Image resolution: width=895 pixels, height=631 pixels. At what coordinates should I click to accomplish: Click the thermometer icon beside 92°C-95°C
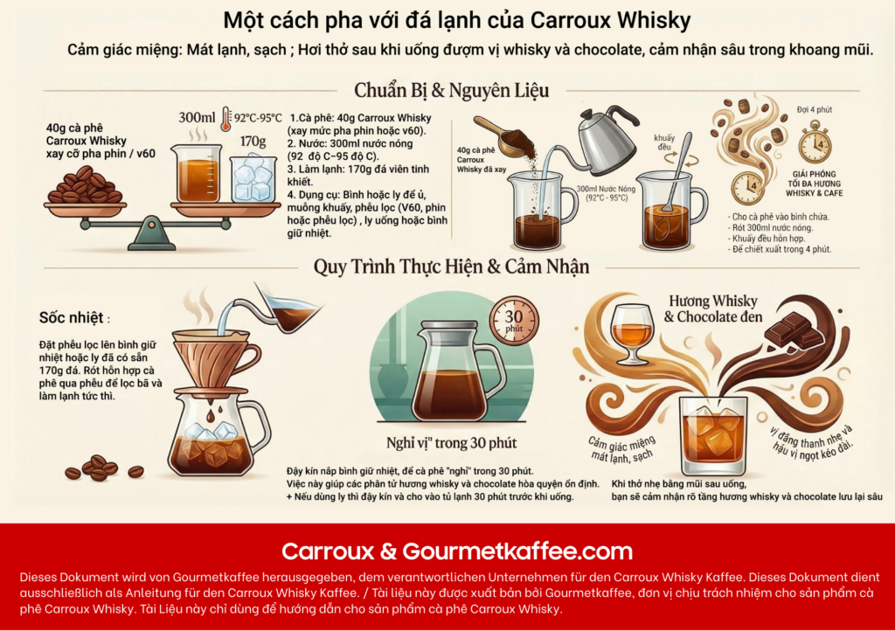click(226, 119)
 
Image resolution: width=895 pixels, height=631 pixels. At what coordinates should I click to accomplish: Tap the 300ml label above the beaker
click(197, 117)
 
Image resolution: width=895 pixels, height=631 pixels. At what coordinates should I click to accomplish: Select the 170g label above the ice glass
click(253, 141)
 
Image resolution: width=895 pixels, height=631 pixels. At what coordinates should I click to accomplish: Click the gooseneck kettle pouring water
click(602, 139)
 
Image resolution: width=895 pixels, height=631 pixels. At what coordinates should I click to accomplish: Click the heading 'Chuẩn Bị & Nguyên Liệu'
click(452, 90)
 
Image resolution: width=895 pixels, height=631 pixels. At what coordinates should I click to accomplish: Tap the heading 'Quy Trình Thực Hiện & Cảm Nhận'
click(451, 267)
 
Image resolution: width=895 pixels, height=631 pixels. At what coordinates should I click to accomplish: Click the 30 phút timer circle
click(514, 320)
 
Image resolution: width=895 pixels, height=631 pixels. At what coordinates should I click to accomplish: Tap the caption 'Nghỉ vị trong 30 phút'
click(451, 443)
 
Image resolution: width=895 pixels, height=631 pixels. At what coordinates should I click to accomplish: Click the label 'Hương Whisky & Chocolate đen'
click(713, 309)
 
